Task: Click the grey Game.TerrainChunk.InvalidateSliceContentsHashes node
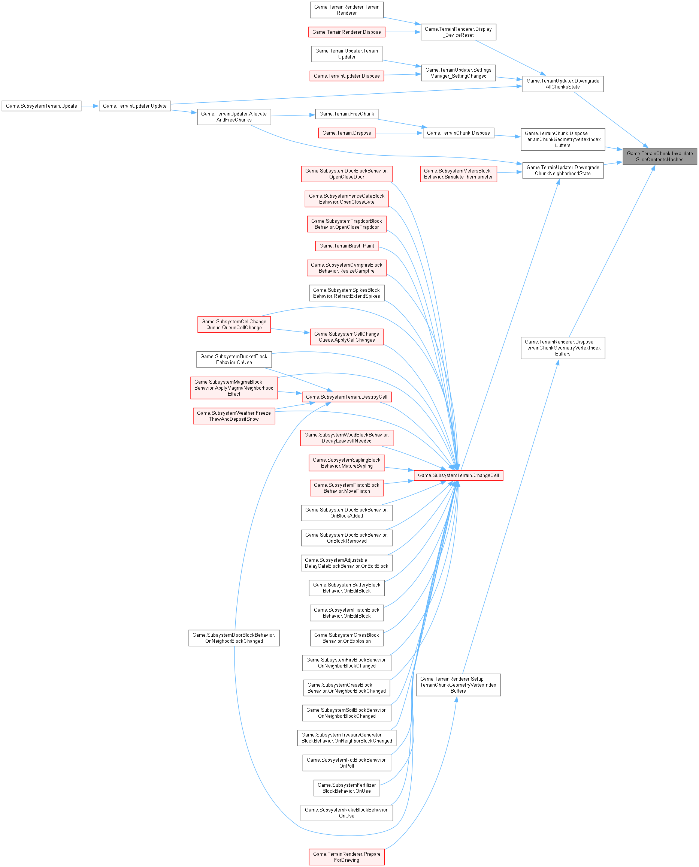point(660,156)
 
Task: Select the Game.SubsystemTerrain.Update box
point(42,106)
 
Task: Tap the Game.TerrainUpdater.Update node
point(135,106)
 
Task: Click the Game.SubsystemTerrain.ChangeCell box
point(458,475)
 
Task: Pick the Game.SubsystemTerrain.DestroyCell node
point(346,397)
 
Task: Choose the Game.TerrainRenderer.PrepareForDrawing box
point(346,857)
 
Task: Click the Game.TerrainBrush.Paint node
point(346,246)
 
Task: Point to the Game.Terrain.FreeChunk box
point(346,114)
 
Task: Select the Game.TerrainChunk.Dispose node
point(458,133)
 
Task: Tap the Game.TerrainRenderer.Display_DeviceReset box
point(458,32)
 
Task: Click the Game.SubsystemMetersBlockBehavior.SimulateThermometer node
point(458,174)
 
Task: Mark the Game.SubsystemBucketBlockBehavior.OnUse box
point(234,360)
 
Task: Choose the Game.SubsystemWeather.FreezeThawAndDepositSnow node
point(234,416)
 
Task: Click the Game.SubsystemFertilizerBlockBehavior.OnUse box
point(346,788)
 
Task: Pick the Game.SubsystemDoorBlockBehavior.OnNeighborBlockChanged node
point(234,638)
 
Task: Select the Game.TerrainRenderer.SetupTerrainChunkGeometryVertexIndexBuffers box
point(458,685)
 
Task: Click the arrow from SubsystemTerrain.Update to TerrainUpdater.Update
point(90,106)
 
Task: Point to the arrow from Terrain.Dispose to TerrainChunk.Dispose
point(399,133)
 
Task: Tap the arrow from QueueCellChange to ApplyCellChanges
point(290,331)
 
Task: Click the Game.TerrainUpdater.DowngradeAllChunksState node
point(563,84)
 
